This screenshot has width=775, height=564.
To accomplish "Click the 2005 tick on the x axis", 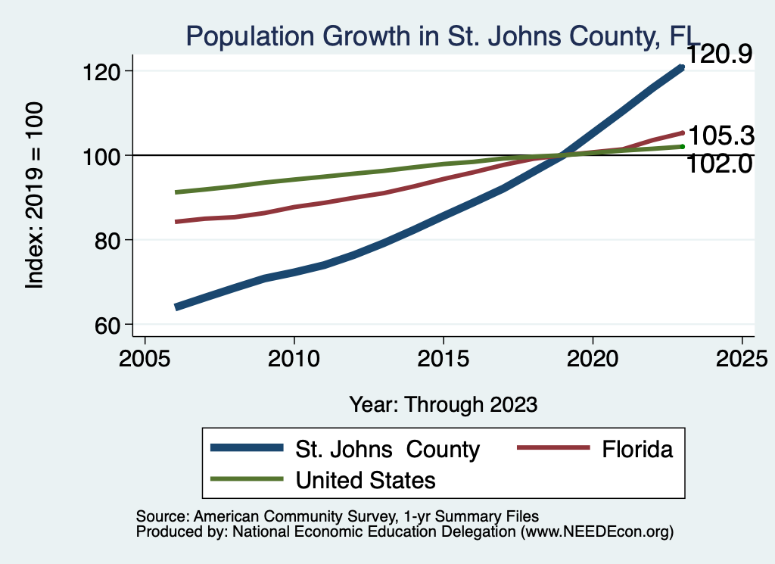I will tap(145, 358).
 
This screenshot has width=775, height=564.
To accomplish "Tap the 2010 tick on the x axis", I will tap(294, 358).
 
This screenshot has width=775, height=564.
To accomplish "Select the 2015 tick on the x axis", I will tap(443, 358).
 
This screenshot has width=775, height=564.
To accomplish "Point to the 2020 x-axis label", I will tap(592, 358).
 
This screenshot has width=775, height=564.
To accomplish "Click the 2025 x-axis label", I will tap(741, 358).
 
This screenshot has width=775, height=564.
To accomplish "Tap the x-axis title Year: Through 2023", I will tap(444, 404).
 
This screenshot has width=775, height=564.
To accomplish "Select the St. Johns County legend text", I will tap(387, 449).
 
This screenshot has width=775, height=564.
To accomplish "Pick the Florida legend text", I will tap(637, 449).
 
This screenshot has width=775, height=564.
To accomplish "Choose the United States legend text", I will tap(366, 479).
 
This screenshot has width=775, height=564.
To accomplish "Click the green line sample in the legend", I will tap(247, 479).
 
